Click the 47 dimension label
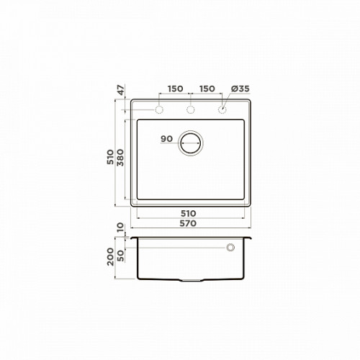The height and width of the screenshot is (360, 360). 122,90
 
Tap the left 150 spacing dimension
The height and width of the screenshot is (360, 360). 175,89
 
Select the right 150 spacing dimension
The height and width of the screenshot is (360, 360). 207,89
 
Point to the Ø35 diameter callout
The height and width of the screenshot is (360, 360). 240,89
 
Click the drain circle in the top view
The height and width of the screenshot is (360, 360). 191,131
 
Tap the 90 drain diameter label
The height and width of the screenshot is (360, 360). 166,139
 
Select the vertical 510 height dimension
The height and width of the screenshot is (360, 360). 110,157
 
